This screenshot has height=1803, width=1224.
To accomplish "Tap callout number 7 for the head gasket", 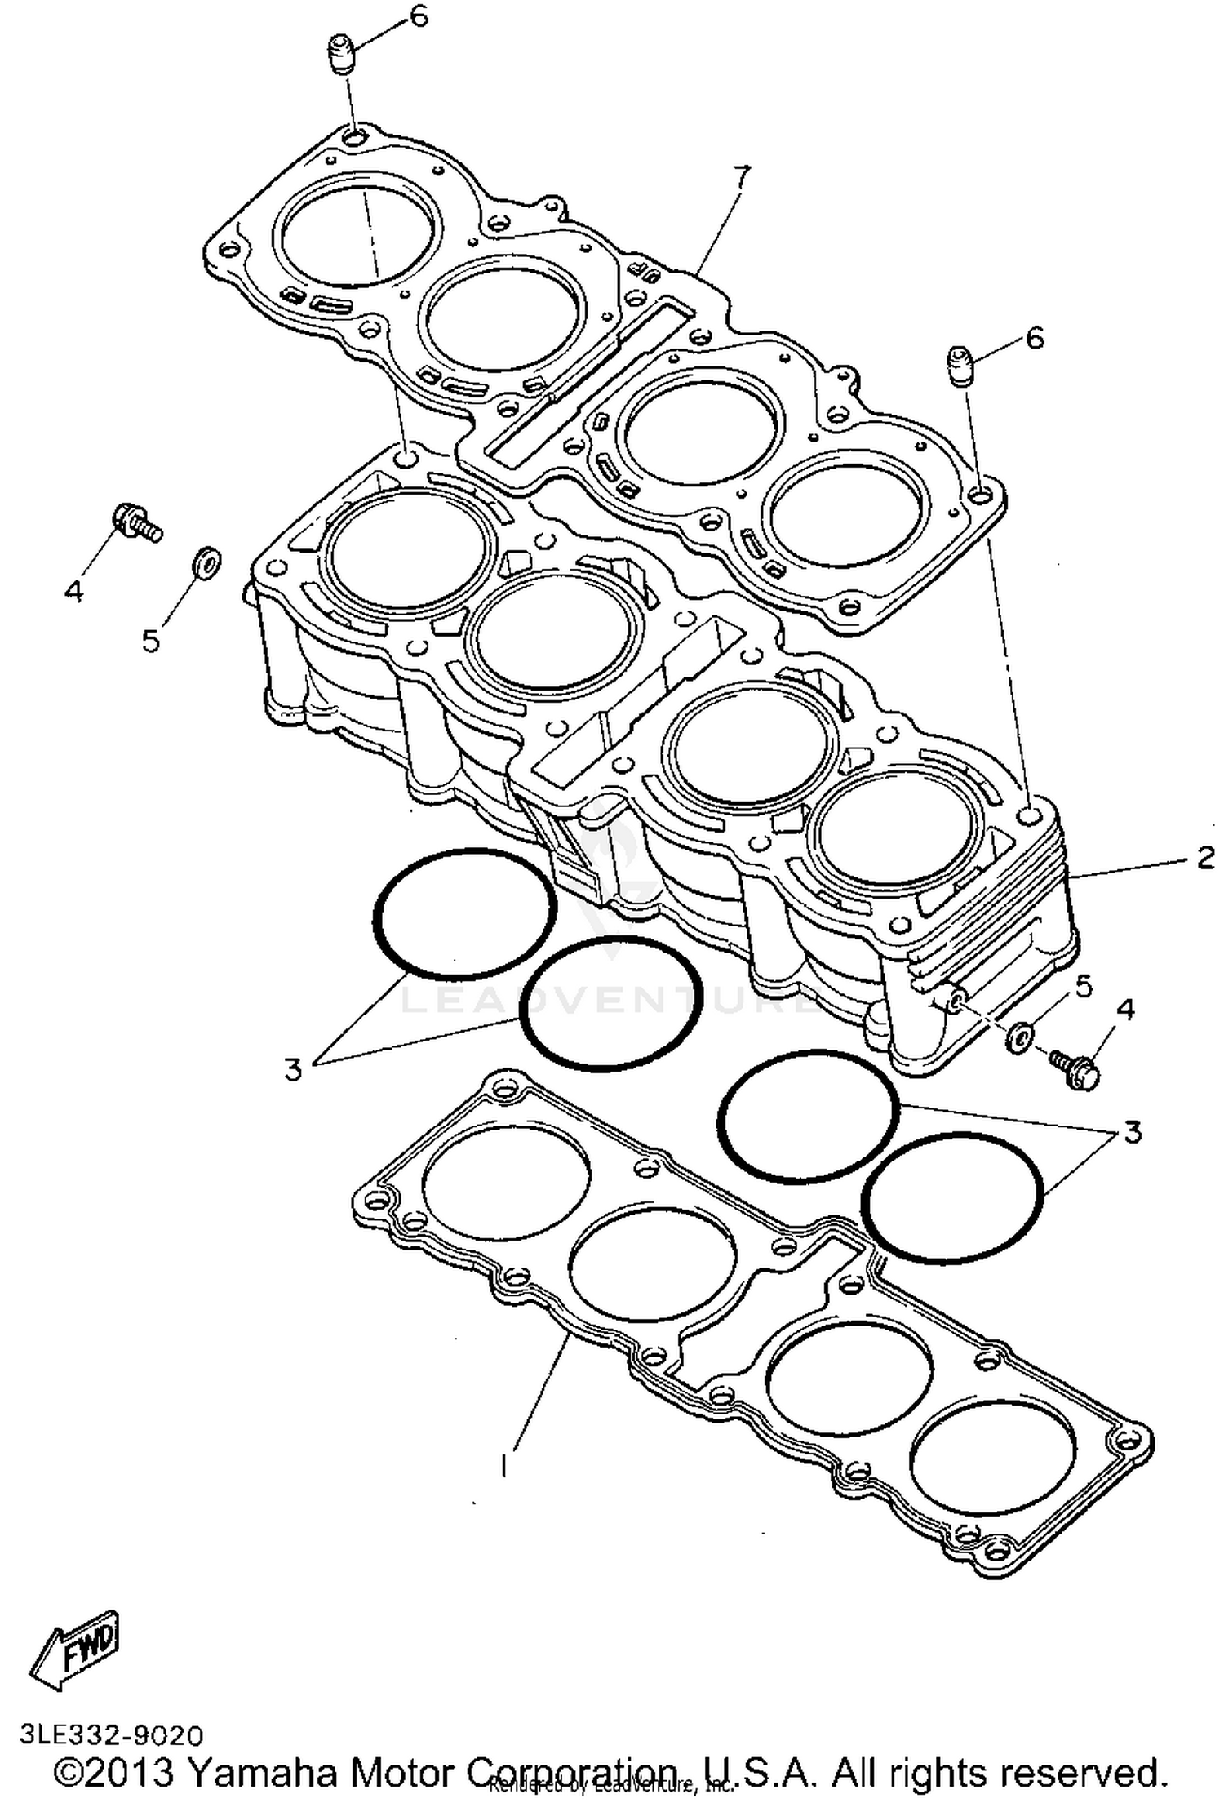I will click(x=740, y=176).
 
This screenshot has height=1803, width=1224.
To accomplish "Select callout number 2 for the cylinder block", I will click(x=1205, y=858).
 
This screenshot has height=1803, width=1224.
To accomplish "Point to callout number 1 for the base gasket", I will click(x=504, y=1464).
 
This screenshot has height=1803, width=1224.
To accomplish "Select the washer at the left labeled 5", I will click(x=203, y=561).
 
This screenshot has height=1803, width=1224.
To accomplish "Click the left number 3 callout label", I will click(x=293, y=1068).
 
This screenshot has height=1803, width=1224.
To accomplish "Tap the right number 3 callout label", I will click(x=1133, y=1132).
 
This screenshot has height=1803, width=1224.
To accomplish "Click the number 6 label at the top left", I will click(x=419, y=16).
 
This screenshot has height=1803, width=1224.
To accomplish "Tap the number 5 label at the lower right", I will click(x=1082, y=986).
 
